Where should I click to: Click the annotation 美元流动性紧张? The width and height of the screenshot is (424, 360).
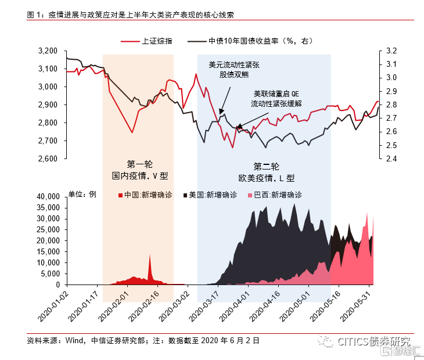(234, 65)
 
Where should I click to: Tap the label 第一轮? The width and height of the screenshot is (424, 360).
(139, 164)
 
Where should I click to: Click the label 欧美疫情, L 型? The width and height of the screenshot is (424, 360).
(267, 178)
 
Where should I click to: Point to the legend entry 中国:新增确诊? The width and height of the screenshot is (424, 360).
(145, 195)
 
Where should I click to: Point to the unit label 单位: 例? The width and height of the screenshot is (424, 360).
(82, 195)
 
